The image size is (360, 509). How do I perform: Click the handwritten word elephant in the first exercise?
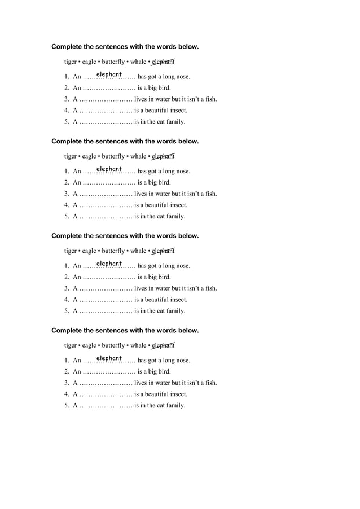tap(109, 74)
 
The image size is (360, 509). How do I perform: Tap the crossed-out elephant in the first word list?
tap(163, 62)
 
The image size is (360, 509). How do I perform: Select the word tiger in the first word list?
tap(71, 62)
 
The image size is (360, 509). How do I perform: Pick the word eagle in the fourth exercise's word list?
tap(89, 345)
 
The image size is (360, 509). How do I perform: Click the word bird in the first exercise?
tap(163, 88)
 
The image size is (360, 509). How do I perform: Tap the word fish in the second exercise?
tap(210, 194)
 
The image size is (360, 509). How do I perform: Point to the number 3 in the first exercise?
tap(66, 99)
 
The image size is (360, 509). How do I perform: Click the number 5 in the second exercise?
tap(66, 216)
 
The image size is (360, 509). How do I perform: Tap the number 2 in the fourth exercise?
tap(66, 371)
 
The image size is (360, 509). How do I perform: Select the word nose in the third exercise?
tap(182, 266)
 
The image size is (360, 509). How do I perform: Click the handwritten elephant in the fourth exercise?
tap(109, 358)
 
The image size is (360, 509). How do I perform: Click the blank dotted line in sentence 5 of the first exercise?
tap(106, 122)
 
